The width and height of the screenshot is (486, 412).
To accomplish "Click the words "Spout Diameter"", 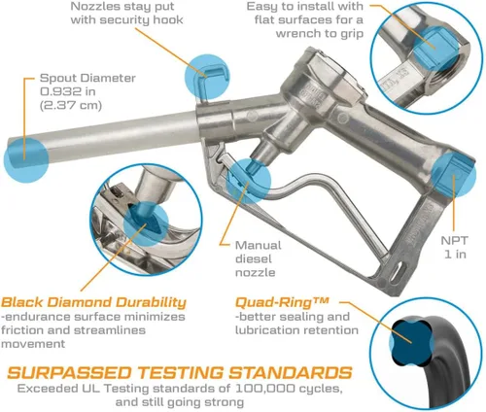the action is click(87, 78).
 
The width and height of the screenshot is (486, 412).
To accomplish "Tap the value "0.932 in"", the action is click(68, 91).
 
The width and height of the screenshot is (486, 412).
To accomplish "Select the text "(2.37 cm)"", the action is click(71, 105).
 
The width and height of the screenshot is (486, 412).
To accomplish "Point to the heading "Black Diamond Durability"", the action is click(93, 302).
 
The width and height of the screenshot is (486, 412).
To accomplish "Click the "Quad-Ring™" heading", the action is click(282, 302).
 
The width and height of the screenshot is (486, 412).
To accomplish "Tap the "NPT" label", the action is click(455, 241).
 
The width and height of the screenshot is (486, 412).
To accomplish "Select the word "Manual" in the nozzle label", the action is click(259, 245).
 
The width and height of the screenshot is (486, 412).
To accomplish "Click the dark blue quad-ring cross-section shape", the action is click(412, 341).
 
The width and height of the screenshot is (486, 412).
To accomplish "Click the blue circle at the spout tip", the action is click(26, 159).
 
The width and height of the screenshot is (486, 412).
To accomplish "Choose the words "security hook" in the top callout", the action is click(141, 19).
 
